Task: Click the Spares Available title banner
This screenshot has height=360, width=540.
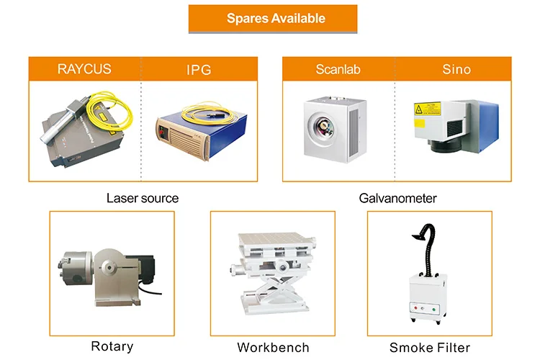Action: pyautogui.click(x=273, y=19)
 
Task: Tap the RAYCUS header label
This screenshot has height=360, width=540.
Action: pyautogui.click(x=84, y=70)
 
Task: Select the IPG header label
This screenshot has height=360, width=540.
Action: pyautogui.click(x=199, y=70)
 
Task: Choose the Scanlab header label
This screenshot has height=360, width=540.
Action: pyautogui.click(x=338, y=70)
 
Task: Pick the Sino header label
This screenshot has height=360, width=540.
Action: pyautogui.click(x=456, y=70)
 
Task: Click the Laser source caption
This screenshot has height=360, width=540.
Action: pyautogui.click(x=143, y=197)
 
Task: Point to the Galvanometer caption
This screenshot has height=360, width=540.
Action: pyautogui.click(x=397, y=197)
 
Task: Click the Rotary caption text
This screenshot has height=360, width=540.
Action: pyautogui.click(x=112, y=346)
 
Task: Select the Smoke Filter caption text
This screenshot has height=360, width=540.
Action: pyautogui.click(x=430, y=347)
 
